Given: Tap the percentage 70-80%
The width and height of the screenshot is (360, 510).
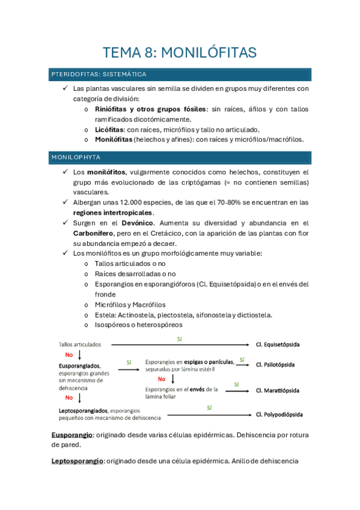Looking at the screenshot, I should tap(234, 202).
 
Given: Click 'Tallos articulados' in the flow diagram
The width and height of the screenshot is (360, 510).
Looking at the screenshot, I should tap(80, 345).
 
